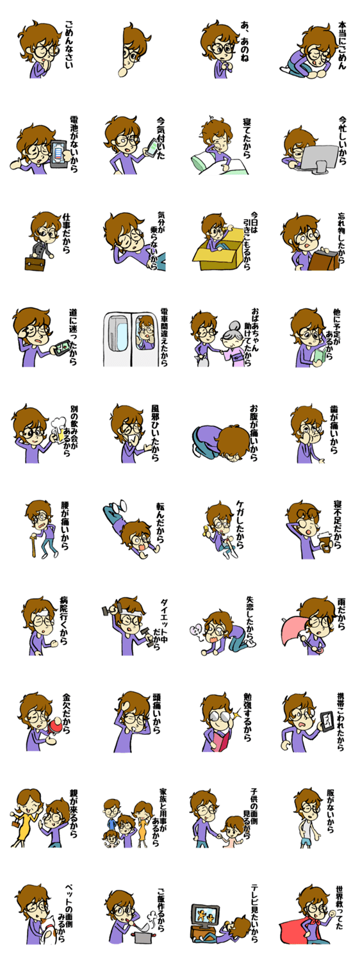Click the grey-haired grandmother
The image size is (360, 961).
233,343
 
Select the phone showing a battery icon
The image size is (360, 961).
59,154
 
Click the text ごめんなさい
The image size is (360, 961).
69,44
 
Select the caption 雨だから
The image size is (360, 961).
341,614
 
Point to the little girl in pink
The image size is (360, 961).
233,832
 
